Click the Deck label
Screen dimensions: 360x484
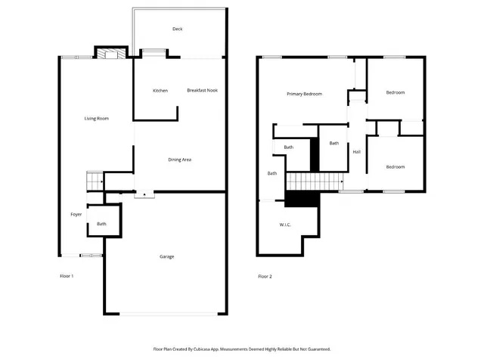click(x=178, y=29)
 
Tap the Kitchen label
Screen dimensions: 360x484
click(x=160, y=91)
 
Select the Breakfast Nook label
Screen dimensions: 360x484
click(x=202, y=91)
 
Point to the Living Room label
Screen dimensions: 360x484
click(x=97, y=118)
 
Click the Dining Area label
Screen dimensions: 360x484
click(x=179, y=160)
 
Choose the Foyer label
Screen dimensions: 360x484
click(x=76, y=215)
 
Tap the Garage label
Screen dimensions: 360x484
click(x=166, y=256)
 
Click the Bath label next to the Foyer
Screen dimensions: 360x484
click(x=101, y=224)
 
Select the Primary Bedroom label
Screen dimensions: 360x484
click(x=304, y=94)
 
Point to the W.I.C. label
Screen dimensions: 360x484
click(x=285, y=225)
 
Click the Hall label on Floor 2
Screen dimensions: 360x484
click(x=356, y=152)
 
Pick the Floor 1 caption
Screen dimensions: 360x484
click(x=67, y=276)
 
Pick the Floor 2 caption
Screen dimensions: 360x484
click(x=265, y=276)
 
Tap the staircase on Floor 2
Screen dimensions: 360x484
click(x=312, y=182)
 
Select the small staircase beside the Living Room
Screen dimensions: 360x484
click(x=95, y=181)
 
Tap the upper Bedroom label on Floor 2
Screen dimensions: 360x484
click(x=395, y=92)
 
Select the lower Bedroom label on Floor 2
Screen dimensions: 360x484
click(x=395, y=166)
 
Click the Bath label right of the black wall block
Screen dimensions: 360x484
click(x=334, y=143)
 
